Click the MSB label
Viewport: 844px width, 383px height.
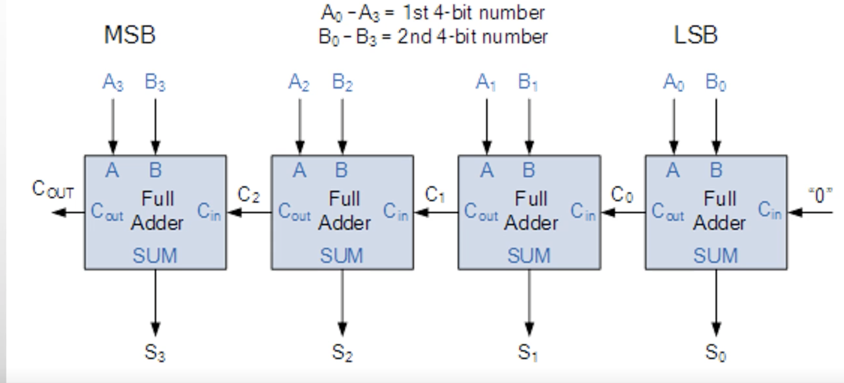click(x=130, y=35)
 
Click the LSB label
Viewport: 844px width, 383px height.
click(x=695, y=35)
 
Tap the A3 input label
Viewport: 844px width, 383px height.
click(x=113, y=82)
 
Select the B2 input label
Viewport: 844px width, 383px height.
click(x=342, y=82)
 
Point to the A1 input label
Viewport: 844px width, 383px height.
click(x=486, y=82)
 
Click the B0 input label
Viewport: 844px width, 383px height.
click(x=716, y=82)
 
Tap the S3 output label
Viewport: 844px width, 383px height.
click(x=155, y=352)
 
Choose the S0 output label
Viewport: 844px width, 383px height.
click(x=716, y=352)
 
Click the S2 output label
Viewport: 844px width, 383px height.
click(x=342, y=352)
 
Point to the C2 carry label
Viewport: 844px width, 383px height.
click(x=249, y=195)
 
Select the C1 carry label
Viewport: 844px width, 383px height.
click(x=435, y=195)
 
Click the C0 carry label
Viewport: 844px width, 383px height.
click(x=622, y=195)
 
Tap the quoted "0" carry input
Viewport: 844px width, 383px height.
click(x=820, y=195)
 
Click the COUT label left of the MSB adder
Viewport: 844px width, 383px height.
click(x=53, y=189)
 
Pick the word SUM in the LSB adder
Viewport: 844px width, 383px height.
click(x=716, y=256)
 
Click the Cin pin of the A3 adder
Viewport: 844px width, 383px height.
click(x=209, y=212)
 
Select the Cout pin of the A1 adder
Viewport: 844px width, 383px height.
click(x=481, y=212)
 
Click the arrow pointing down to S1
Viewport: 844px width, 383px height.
click(x=529, y=303)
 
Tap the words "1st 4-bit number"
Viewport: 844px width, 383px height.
click(x=474, y=13)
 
